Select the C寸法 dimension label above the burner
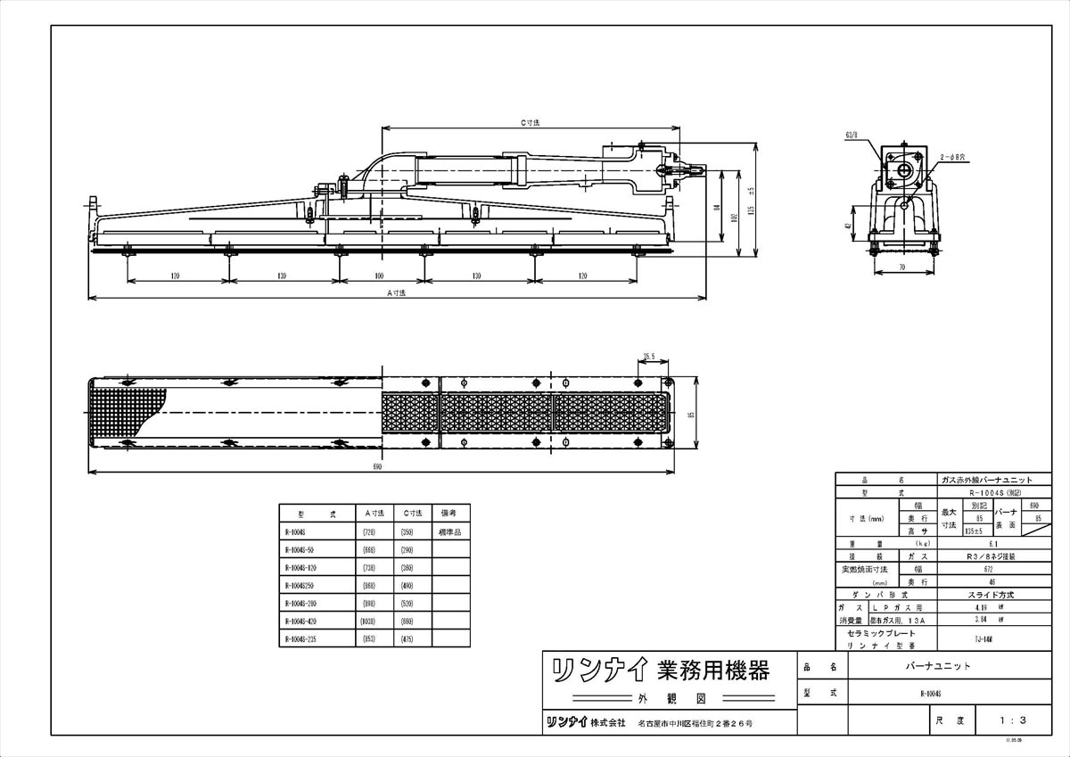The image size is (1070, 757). tap(531, 122)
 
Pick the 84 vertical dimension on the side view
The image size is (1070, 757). tap(716, 208)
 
